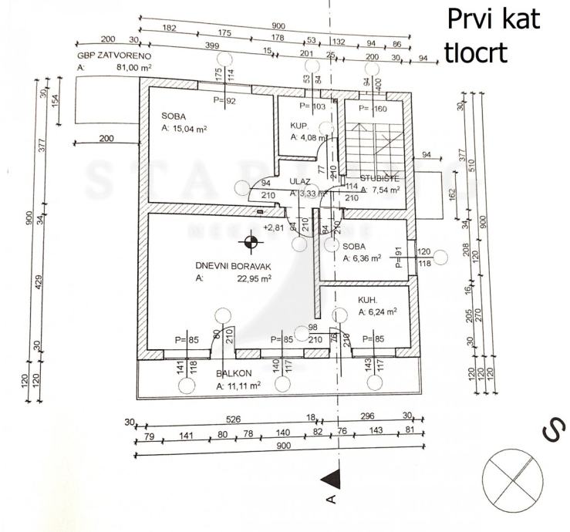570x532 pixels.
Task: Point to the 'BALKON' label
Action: (x=230, y=371)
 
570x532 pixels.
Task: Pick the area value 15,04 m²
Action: (x=189, y=130)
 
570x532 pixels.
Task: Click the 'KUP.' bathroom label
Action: (x=299, y=125)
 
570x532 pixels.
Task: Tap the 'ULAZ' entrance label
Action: (x=299, y=182)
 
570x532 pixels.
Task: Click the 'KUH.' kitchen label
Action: (x=367, y=300)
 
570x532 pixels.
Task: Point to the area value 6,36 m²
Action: (x=365, y=258)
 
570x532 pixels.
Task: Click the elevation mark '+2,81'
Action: (x=274, y=227)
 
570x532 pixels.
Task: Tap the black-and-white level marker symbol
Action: (x=250, y=244)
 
